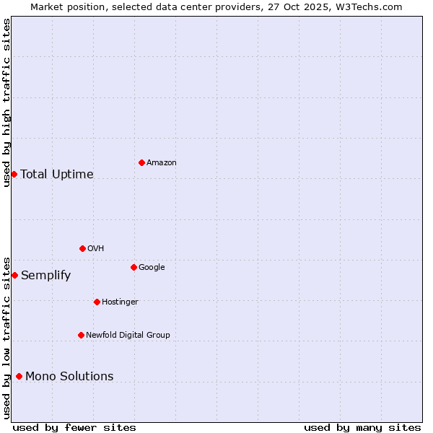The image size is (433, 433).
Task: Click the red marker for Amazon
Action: [x=141, y=162]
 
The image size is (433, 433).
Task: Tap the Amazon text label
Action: [x=161, y=163]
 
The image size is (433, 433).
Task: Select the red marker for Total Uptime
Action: [x=14, y=174]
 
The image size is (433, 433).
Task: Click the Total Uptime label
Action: [x=57, y=174]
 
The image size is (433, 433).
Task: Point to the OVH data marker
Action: [x=82, y=248]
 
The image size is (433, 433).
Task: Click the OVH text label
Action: [x=95, y=249]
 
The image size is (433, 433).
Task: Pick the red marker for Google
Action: [x=134, y=267]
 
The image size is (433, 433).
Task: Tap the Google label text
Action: [x=152, y=268]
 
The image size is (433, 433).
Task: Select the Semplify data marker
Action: [x=14, y=275]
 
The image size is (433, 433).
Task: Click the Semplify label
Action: [x=45, y=276]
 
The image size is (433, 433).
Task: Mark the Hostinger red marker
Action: [x=97, y=302]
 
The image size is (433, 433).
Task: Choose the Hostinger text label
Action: [x=120, y=302]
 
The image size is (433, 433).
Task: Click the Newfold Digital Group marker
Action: [x=81, y=335]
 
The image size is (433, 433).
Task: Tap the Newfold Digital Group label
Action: [x=128, y=335]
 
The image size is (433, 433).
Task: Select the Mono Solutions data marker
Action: [x=19, y=376]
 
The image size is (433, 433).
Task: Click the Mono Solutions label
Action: [x=69, y=376]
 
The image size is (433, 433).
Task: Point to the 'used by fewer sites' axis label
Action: [x=74, y=427]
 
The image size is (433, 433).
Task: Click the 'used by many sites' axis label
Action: [x=362, y=427]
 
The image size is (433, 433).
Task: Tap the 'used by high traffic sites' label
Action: [x=6, y=102]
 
